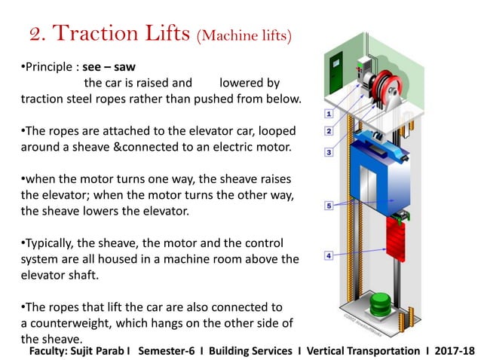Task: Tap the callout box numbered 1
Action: (x=329, y=114)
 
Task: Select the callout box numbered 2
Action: (x=329, y=131)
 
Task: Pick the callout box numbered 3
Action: (x=329, y=152)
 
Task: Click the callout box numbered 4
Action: (x=329, y=256)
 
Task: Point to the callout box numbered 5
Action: (x=329, y=205)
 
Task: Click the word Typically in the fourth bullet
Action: (x=53, y=245)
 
